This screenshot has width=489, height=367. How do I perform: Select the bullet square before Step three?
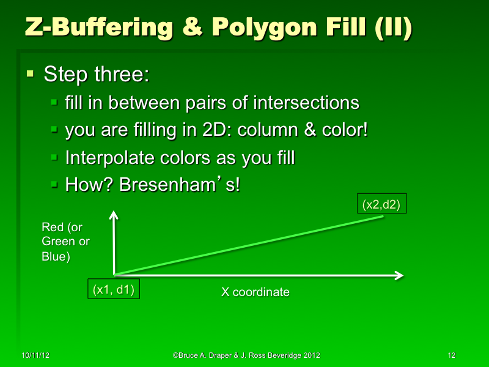click(30, 75)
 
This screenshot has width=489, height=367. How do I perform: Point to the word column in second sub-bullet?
click(271, 130)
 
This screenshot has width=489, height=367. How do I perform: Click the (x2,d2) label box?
click(381, 205)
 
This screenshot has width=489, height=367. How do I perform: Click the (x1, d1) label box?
click(114, 289)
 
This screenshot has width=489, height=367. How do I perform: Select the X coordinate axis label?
click(255, 292)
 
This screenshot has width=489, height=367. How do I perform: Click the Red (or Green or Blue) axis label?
click(65, 242)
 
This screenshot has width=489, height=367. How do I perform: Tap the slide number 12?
click(452, 355)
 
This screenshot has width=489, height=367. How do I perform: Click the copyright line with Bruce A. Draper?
click(246, 355)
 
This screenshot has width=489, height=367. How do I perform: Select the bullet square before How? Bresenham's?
click(54, 185)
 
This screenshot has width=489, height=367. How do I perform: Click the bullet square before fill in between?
click(54, 103)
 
